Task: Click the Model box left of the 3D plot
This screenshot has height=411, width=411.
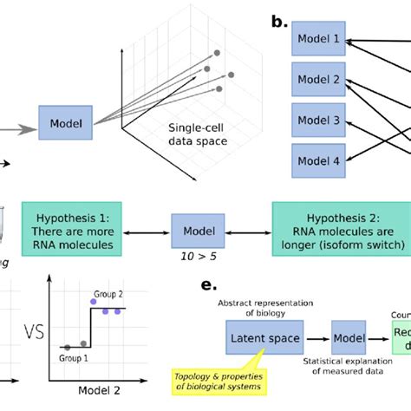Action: click(67, 124)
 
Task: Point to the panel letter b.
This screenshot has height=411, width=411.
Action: click(279, 20)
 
